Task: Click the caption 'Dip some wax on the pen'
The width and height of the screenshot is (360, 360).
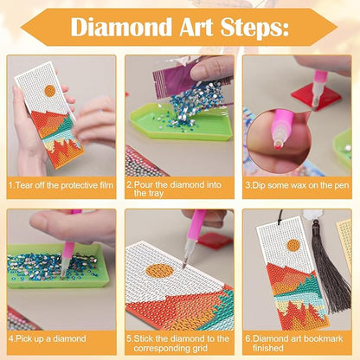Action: tap(298, 185)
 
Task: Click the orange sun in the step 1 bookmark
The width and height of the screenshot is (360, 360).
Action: tap(50, 90)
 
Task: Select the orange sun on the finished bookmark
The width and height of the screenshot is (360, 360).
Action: tap(293, 245)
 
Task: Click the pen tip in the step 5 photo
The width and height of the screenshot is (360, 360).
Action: tap(183, 260)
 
